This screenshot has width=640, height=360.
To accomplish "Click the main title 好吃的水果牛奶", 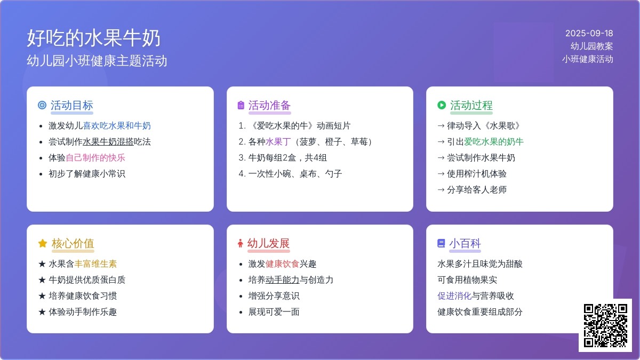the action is pos(93,38).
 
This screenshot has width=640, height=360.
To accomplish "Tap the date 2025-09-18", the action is pos(589,34).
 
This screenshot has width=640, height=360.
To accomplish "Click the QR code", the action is pos(605,325).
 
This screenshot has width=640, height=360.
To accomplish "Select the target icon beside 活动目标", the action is pos(42,105).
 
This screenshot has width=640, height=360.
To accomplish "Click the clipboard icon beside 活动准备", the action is pos(241,105).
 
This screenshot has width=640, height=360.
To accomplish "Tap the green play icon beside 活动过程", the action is pos(442,105).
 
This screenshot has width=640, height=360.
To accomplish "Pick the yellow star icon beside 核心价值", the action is pos(43,243).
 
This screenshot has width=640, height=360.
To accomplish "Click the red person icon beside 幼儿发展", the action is pos(241,243).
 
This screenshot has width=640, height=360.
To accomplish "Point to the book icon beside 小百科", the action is pos(441,243).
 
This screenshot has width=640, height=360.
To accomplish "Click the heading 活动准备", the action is pos(269,106).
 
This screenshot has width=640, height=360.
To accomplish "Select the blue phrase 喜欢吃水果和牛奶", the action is pos(117,126).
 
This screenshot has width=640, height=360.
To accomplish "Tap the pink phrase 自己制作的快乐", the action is pos(95,158).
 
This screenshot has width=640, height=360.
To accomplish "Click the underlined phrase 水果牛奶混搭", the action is pos(108,142).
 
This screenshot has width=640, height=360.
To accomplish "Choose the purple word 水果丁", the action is pos(278,142).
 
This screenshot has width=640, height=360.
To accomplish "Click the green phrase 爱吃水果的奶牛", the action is pos(494,142).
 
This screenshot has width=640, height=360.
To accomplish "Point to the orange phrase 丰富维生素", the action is pos(95,263).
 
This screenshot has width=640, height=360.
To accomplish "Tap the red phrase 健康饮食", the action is pos(282,263).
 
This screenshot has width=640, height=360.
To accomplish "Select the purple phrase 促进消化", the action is pos(454,295).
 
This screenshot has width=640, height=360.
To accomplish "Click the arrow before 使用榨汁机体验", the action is pos(441,174).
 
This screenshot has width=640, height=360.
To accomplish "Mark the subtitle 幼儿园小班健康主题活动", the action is pos(97,61).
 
